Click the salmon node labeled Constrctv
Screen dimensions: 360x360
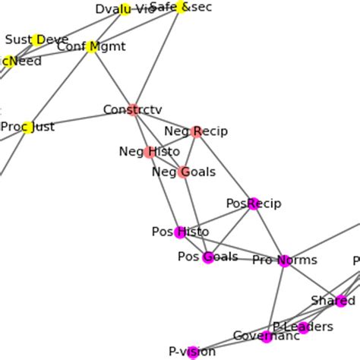[x=133, y=110]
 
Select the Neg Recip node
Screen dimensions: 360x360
[x=197, y=131]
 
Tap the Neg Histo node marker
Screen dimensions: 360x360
[x=149, y=152]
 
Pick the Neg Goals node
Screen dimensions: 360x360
[x=183, y=172]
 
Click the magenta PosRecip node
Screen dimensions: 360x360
[x=254, y=203]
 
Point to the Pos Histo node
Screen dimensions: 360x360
[x=180, y=232]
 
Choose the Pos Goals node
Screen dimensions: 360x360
[x=208, y=257]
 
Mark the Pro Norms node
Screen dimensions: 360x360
[x=284, y=261]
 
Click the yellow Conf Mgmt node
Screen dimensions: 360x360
[x=93, y=47]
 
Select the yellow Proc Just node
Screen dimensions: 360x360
[x=28, y=128]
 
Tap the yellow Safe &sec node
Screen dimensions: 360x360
[x=181, y=7]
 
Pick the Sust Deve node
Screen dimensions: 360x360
[x=37, y=39]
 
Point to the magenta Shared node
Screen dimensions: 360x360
[x=341, y=301]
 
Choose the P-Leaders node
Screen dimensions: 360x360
[x=303, y=327]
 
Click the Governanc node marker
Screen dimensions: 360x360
[x=266, y=336]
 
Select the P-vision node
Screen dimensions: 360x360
[x=193, y=351]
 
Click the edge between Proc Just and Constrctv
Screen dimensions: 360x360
[x=81, y=119]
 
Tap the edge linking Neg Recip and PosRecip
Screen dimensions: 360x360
[x=226, y=167]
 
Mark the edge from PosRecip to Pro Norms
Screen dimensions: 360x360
[x=269, y=232]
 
